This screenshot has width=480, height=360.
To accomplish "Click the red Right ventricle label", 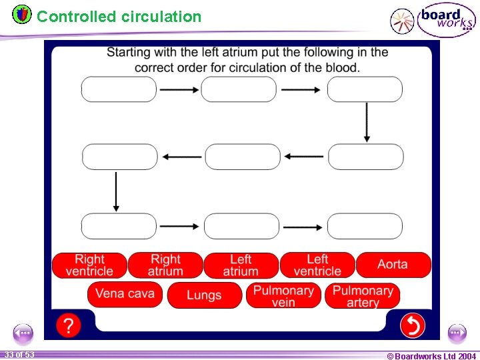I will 89,265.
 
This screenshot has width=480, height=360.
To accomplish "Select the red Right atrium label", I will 165,265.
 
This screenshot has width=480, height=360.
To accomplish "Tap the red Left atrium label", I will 241,265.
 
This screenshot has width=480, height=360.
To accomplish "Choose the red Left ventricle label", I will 317,265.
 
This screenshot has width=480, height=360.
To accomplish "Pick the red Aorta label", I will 393,265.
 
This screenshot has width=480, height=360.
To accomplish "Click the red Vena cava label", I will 125,294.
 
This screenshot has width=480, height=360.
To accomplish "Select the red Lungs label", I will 204,295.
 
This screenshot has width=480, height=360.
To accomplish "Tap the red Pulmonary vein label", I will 283,295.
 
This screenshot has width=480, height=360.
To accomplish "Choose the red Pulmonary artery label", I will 362,295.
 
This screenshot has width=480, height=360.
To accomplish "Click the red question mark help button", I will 68,325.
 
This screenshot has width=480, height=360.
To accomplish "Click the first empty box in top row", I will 119,89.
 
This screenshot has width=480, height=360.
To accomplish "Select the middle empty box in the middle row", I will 243,157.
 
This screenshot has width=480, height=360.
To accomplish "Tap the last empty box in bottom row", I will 365,226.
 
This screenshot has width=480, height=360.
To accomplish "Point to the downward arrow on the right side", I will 366,123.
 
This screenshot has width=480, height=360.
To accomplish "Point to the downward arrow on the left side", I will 117,191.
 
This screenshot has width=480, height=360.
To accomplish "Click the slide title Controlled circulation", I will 119,17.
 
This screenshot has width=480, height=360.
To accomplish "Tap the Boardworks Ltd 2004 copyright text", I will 431,356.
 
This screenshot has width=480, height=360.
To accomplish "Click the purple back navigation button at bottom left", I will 23,333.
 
